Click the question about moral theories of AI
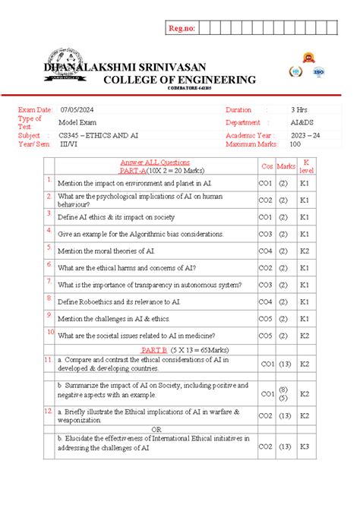tap(107, 251)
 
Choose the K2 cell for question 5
tap(305, 251)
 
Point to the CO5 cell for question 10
tap(267, 335)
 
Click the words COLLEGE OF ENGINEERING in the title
tap(179, 80)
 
